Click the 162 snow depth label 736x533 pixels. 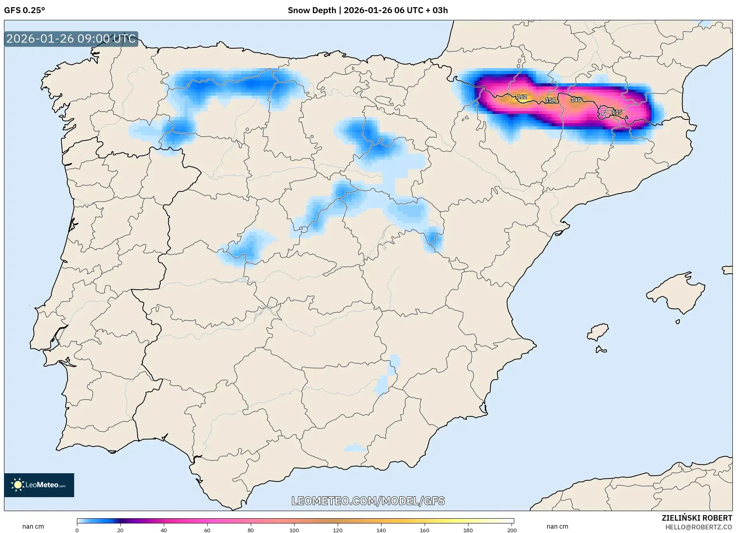point(521,97)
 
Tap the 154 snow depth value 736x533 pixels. point(550,100)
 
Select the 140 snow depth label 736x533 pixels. point(576,100)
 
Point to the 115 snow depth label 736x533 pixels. point(616,112)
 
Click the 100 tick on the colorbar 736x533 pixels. point(294,530)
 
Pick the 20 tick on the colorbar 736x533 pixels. point(120,530)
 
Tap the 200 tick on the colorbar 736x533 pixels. point(512,530)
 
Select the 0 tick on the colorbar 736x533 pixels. point(77,530)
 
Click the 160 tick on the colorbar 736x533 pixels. point(425,530)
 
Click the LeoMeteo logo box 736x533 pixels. point(39,485)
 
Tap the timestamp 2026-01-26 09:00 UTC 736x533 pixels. point(71,39)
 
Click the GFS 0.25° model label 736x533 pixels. point(25,10)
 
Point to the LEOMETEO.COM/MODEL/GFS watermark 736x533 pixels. point(368,501)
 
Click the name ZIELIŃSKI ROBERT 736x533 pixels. point(697,518)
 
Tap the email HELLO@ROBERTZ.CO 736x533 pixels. point(699,527)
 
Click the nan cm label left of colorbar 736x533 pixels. point(33,527)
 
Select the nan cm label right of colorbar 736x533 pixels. point(557,527)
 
